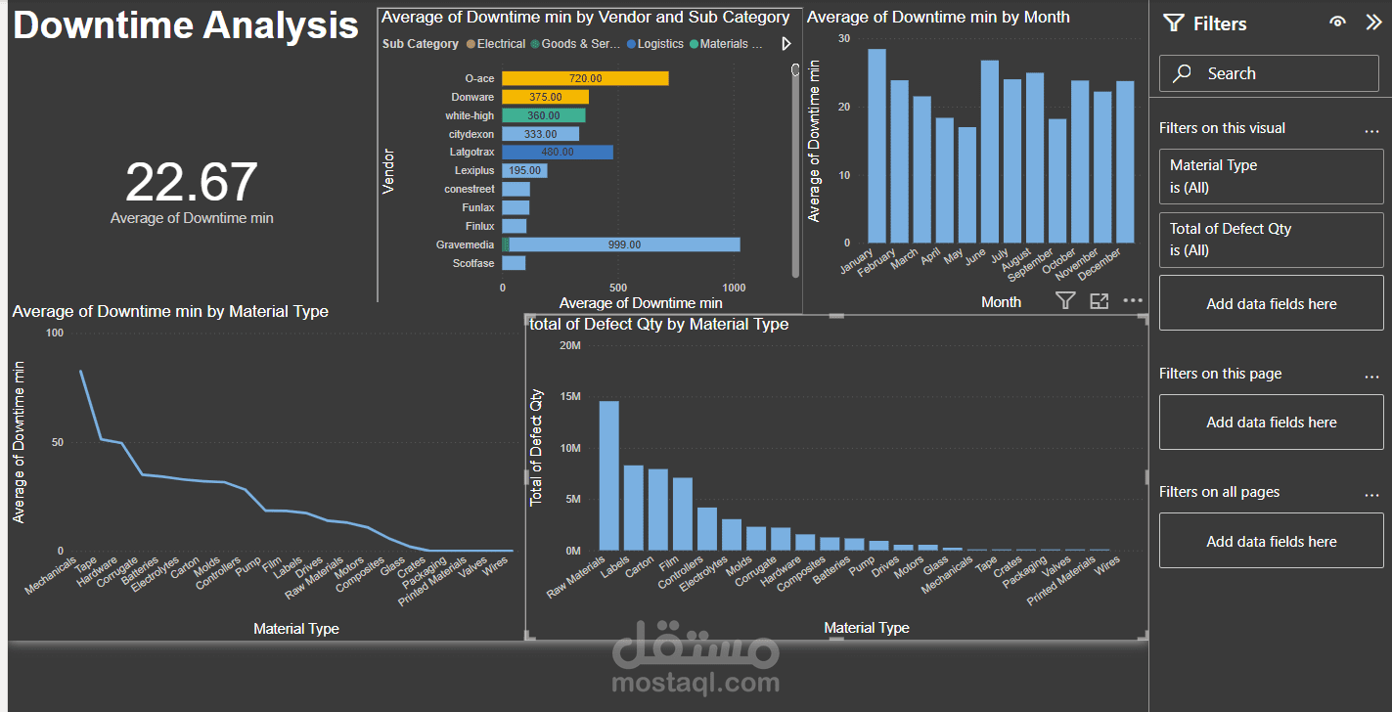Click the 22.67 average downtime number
coord(192,183)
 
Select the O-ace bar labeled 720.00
coord(585,78)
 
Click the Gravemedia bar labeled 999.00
coord(623,245)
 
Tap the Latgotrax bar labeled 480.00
coord(557,153)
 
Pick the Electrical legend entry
coord(500,44)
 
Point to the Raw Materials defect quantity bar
coord(608,476)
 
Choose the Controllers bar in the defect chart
coord(706,529)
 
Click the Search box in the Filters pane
coord(1270,73)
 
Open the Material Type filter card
coord(1270,176)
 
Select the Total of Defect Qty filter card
coord(1270,240)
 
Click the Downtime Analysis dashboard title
coord(186,25)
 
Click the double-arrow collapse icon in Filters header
coord(1372,22)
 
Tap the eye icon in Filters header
coord(1337,22)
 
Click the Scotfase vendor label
coord(473,263)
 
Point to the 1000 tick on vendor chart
coord(733,288)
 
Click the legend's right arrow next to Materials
coord(786,44)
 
